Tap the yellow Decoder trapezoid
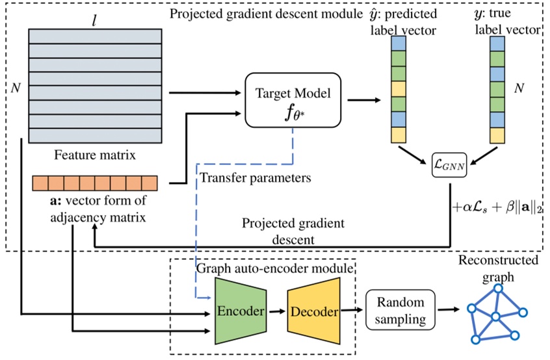315,311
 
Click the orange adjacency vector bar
95,183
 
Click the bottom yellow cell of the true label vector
497,135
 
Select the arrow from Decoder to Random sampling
352,311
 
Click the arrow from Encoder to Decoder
276,311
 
